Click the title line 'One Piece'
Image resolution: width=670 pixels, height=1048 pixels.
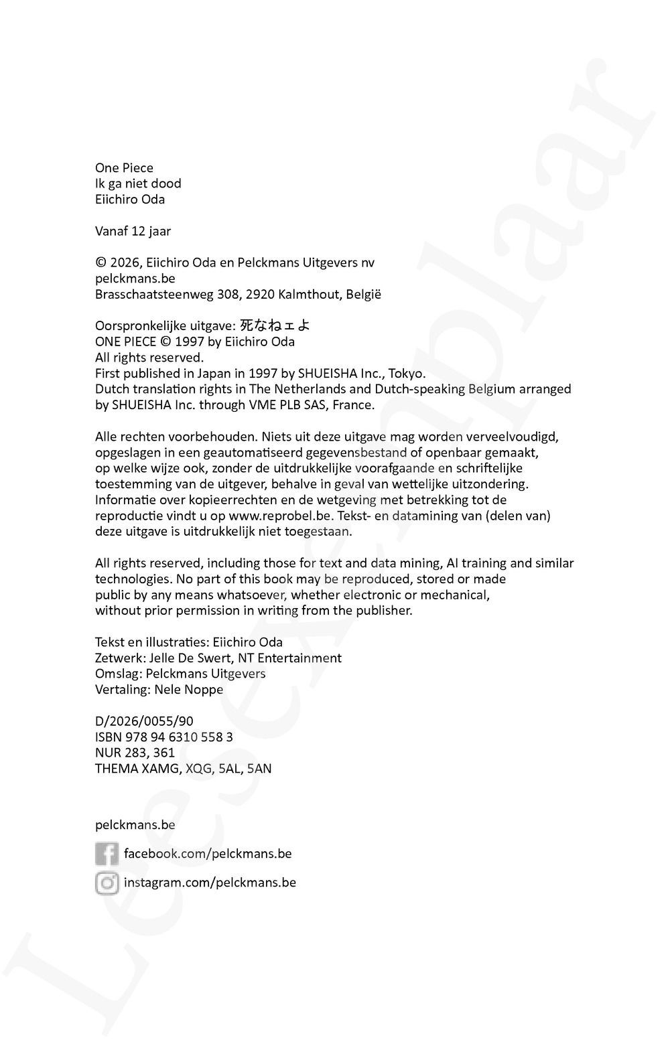point(124,168)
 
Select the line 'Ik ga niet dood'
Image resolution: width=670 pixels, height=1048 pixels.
point(138,183)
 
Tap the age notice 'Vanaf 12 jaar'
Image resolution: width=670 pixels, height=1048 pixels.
point(133,231)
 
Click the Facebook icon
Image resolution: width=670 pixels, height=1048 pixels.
point(107,854)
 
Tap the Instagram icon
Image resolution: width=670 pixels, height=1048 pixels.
point(107,883)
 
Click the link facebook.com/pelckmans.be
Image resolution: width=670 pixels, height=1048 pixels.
point(208,854)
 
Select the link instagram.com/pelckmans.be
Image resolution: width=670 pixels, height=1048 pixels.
point(210,883)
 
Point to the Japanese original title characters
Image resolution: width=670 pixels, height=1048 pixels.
point(275,325)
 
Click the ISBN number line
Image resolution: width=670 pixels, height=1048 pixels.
point(164,737)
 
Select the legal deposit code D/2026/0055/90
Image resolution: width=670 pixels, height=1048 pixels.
point(144,721)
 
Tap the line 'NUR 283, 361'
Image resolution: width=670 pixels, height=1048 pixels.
point(135,753)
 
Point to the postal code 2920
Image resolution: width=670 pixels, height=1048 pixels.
point(260,295)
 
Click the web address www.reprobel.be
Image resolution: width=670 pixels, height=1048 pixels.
point(280,516)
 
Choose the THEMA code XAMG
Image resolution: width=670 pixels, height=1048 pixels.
point(159,769)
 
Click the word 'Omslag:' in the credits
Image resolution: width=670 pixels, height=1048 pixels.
point(119,674)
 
